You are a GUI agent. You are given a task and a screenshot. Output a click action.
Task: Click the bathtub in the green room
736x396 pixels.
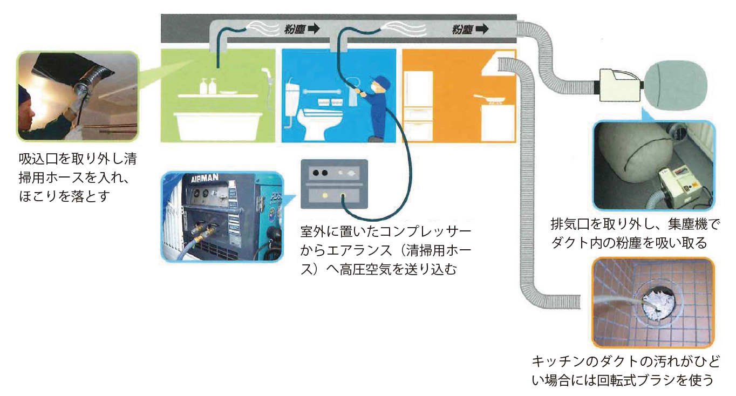coord(218,126)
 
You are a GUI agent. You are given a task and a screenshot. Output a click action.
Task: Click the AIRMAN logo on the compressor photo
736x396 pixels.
coord(205,179)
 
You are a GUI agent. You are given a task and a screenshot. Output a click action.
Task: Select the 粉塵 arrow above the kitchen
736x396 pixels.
coord(470,29)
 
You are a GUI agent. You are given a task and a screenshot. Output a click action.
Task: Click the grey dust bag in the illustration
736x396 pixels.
coord(676,85)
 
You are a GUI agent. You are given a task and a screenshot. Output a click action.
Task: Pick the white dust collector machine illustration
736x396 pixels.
coord(619,85)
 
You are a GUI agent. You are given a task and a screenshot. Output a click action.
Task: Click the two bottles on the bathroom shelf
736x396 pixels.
coord(208,86)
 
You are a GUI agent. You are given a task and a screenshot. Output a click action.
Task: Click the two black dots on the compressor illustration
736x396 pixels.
coord(320,173)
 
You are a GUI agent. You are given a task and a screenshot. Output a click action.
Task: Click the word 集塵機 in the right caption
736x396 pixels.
coord(687,224)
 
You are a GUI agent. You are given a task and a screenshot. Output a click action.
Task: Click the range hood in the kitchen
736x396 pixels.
coord(498,63)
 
